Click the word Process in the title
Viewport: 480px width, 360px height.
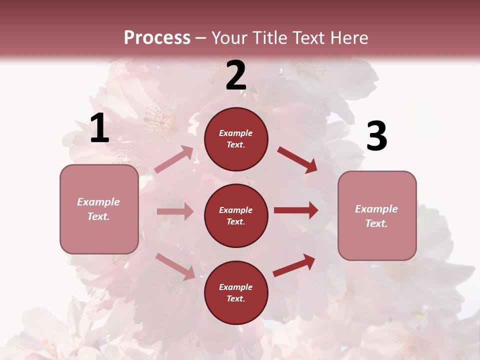pos(157,37)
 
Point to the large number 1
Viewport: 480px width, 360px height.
pos(99,128)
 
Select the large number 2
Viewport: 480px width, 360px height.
pos(236,75)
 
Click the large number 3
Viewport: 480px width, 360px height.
pos(376,136)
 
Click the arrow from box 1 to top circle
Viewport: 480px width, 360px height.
pos(174,159)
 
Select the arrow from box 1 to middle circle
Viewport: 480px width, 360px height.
pos(175,211)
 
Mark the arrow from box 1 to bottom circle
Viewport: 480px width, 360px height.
pos(175,266)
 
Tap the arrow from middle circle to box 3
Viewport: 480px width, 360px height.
pos(295,210)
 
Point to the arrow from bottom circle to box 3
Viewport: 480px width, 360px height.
pos(294,265)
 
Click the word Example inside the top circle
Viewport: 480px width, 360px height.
pos(236,133)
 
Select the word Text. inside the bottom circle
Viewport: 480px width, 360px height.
pos(236,298)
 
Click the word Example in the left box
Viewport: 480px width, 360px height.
pos(98,202)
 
